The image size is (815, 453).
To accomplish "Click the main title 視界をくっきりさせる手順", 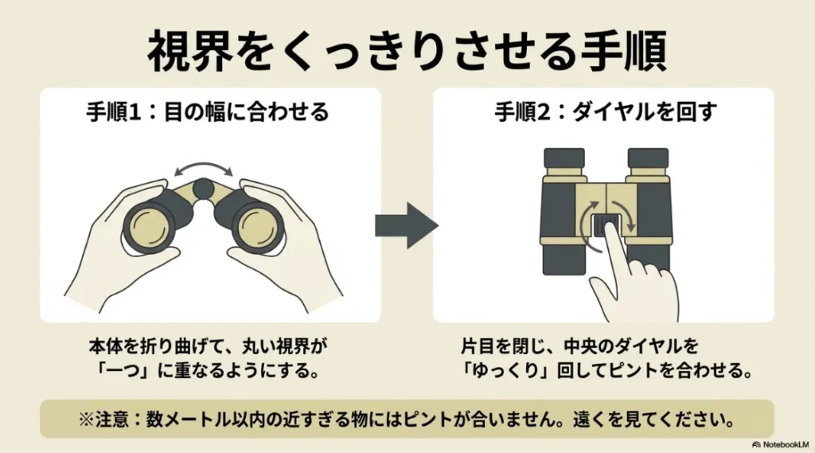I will tap(407, 53).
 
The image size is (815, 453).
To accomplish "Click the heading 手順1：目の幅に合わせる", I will tap(208, 112).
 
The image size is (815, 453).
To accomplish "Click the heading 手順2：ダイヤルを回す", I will tap(606, 112).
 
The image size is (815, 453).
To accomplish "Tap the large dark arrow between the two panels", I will tap(406, 226).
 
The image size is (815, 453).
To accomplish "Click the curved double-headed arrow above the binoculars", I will tap(205, 167).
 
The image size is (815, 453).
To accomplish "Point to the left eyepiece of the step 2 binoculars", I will tap(564, 159).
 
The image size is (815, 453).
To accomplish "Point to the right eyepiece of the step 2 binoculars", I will tap(648, 159).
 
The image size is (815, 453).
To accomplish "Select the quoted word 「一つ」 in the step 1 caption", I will tap(119, 371).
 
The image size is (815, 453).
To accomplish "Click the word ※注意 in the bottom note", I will tap(97, 418).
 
